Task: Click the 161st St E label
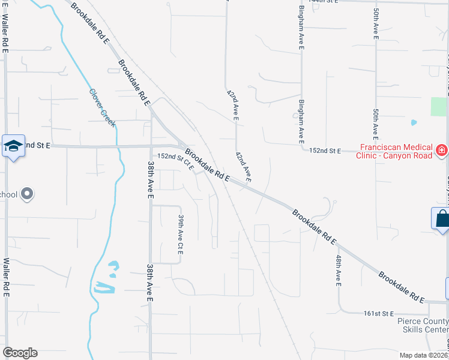[378, 313]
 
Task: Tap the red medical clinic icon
[442, 149]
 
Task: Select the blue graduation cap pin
[13, 146]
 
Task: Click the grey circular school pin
[26, 194]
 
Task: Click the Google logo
[20, 353]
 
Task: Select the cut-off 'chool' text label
[8, 194]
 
